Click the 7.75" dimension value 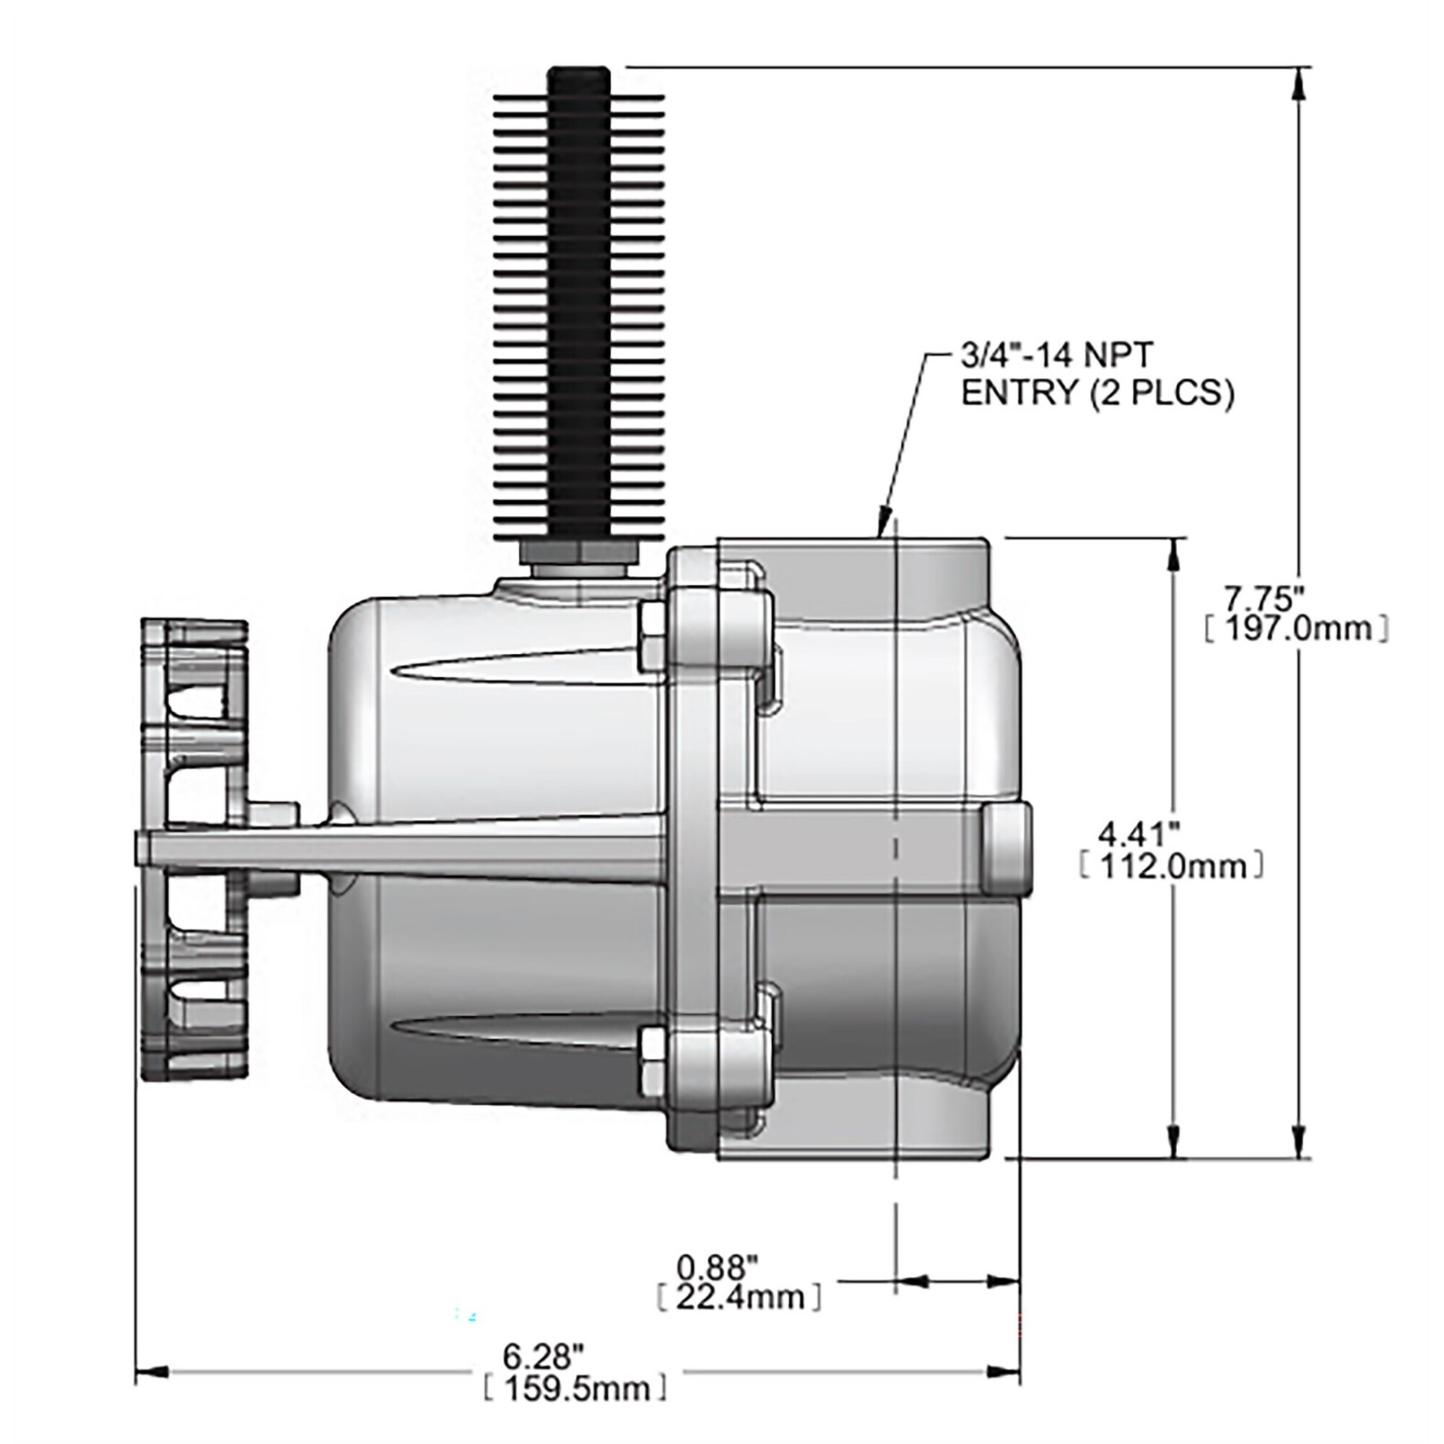(1265, 598)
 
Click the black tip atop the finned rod (578, 81)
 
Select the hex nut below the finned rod (578, 554)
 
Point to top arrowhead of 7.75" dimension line (1301, 83)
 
